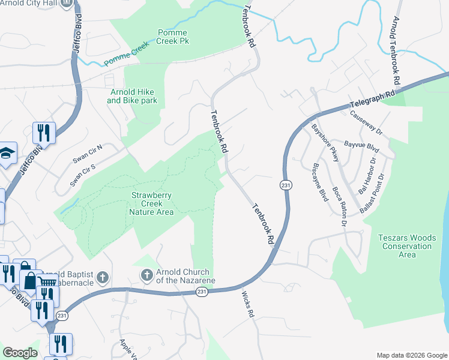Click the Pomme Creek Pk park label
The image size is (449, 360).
tap(172, 37)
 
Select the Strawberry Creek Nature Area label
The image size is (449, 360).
tap(151, 203)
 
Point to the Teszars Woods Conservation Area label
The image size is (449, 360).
tap(407, 246)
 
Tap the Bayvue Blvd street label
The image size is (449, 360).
tap(363, 145)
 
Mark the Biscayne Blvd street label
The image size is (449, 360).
tap(321, 182)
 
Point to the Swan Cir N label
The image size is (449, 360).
tap(88, 155)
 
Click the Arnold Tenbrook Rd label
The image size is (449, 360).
tap(395, 50)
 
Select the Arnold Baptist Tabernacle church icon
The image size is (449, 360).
tap(102, 278)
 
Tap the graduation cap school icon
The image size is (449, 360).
tap(7, 153)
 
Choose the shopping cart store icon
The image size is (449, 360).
tap(47, 281)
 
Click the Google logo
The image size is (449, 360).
tap(20, 353)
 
